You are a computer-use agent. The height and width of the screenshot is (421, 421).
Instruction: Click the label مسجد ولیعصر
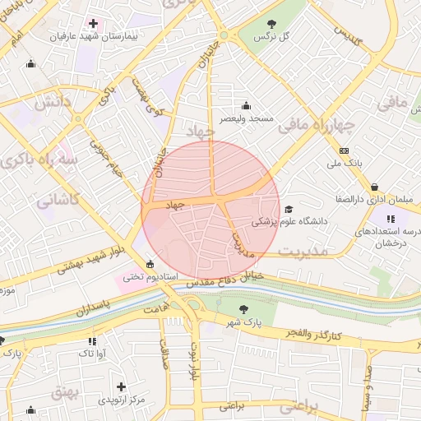click(246, 120)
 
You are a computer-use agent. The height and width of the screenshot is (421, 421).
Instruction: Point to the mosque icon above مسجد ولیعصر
click(246, 106)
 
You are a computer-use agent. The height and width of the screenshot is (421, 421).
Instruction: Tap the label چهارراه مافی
click(316, 125)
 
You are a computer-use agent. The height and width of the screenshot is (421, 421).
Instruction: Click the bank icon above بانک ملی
click(344, 150)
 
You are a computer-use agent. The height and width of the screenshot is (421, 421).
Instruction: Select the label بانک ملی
click(345, 164)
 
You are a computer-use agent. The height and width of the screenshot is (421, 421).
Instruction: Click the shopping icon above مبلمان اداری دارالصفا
click(376, 186)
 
